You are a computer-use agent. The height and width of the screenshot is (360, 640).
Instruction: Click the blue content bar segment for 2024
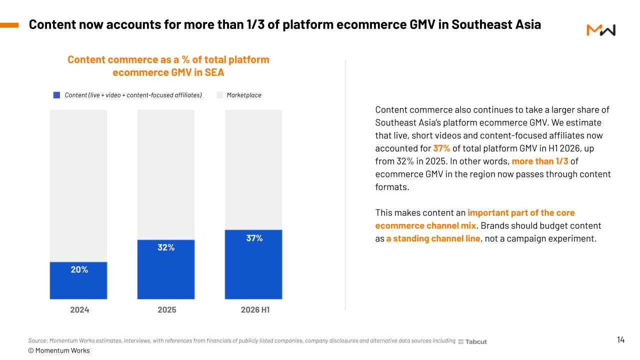78,280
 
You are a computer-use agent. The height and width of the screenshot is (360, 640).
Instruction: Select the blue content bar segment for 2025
166,269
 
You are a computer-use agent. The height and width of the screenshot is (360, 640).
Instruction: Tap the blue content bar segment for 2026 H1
253,264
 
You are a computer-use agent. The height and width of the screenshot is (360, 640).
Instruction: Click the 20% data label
79,269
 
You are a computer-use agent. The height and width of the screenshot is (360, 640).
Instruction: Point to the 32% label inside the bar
166,247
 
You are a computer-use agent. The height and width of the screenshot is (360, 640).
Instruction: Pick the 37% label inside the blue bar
254,238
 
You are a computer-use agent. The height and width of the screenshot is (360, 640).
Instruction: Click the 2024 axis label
79,309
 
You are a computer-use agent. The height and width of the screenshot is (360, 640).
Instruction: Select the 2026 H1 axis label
255,309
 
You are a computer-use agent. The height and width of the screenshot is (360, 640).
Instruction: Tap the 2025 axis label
167,309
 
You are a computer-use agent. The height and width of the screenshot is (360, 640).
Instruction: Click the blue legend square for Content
56,95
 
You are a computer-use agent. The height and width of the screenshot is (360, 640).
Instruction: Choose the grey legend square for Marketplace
219,95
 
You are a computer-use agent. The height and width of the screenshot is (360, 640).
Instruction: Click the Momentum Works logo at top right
601,30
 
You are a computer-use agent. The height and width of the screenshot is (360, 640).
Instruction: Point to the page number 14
620,339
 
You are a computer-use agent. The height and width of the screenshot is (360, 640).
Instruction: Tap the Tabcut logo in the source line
472,341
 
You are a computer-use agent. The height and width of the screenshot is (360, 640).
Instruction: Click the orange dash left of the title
9,25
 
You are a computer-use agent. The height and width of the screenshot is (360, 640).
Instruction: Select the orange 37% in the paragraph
441,148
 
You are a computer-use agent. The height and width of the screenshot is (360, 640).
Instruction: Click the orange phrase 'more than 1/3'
539,161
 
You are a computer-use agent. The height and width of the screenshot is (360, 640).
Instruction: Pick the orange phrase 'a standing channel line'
433,238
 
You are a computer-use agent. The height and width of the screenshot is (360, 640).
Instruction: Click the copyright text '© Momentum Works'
59,350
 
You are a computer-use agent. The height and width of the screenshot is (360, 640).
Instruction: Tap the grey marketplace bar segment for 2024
78,185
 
